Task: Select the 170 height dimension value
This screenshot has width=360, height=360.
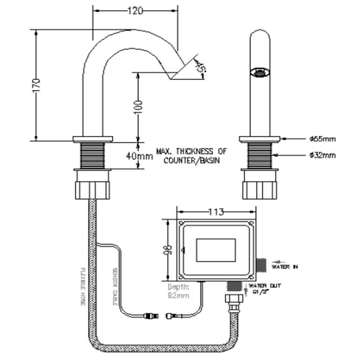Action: (x=37, y=85)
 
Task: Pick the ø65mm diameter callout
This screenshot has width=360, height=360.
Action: (x=322, y=139)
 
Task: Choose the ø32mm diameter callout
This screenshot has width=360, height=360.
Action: (x=322, y=155)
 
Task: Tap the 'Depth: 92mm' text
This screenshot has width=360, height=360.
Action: (x=179, y=291)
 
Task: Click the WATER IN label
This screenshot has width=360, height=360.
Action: (x=285, y=267)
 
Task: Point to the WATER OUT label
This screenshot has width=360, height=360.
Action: (x=265, y=285)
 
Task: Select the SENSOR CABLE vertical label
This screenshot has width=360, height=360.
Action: (x=114, y=286)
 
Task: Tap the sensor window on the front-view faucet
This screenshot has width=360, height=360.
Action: (x=261, y=72)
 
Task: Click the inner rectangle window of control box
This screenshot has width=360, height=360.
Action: (x=216, y=249)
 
